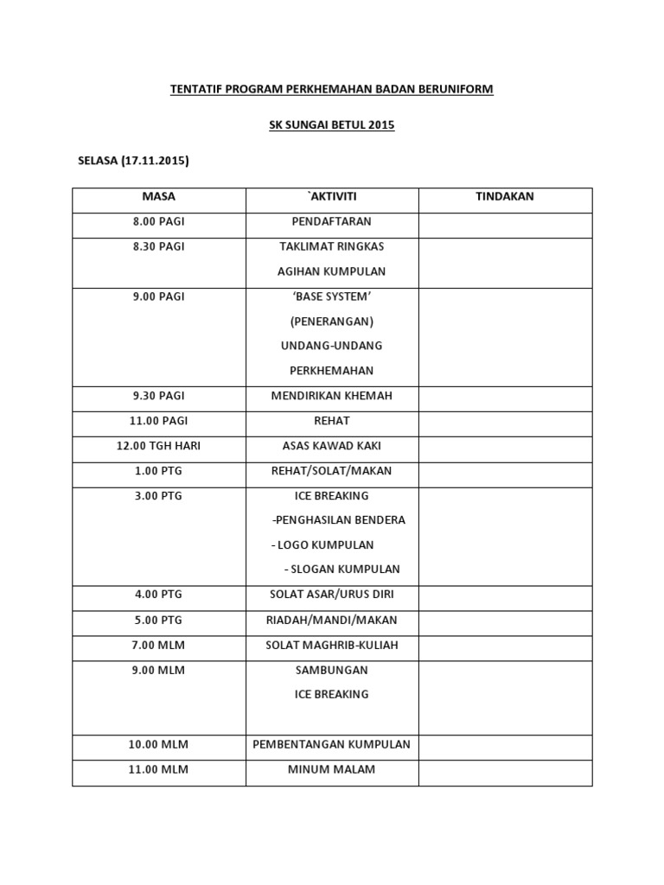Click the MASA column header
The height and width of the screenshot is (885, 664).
click(x=159, y=196)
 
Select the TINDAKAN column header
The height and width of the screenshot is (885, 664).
click(x=505, y=196)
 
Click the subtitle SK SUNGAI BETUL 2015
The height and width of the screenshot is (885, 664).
click(x=332, y=125)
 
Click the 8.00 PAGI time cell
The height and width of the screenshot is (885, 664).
click(x=159, y=221)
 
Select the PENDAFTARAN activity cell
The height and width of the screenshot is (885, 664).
click(x=332, y=221)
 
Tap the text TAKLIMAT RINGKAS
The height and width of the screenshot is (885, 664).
click(x=332, y=246)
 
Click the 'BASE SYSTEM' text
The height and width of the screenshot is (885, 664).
click(x=332, y=296)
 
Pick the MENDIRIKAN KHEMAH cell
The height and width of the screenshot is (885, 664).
click(x=332, y=396)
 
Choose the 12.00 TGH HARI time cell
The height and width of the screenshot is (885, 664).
click(x=159, y=446)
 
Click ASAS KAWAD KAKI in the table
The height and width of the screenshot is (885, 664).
click(x=332, y=446)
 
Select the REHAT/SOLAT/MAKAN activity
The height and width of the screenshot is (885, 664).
click(x=332, y=471)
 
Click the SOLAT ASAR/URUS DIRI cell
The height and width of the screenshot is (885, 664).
click(x=332, y=595)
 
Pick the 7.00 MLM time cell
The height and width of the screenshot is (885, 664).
click(x=159, y=645)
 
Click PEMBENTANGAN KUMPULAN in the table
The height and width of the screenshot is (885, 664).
click(x=332, y=744)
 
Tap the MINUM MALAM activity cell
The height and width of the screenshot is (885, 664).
click(x=332, y=769)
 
